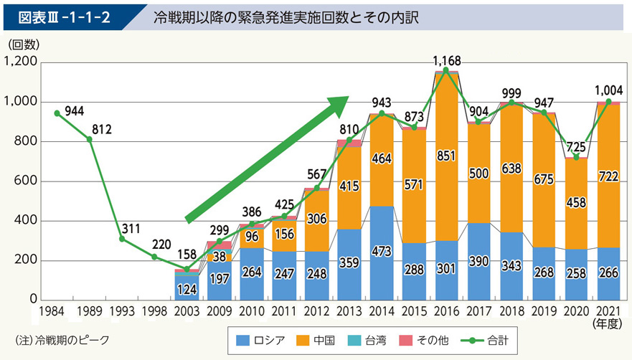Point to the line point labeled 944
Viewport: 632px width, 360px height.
(x=57, y=113)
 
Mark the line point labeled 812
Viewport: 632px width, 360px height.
(x=90, y=138)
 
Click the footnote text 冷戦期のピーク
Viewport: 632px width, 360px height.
(x=62, y=339)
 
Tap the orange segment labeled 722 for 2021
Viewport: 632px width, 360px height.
(x=609, y=176)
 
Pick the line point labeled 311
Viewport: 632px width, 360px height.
(x=122, y=238)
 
